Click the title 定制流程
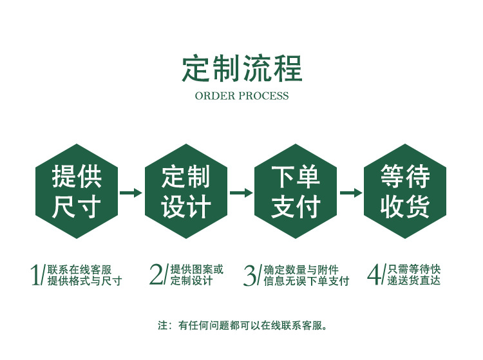point(241,69)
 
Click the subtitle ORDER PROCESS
point(241,96)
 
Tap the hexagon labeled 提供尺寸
point(77,191)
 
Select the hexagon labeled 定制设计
point(186,191)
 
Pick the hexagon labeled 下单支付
point(296,191)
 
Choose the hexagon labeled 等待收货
point(405,191)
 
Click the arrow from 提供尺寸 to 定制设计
point(131,193)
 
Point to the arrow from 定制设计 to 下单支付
point(241,193)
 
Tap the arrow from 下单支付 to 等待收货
point(350,193)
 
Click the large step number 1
point(36,275)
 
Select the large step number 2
point(156,275)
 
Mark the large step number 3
point(250,275)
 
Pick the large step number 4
point(374,275)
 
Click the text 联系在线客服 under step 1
point(79,270)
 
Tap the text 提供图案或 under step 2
point(196,270)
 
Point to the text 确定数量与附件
point(301,270)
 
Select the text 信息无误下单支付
point(306,281)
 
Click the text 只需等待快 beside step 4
point(415,270)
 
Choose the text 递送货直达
point(415,281)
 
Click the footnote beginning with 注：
point(242,325)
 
